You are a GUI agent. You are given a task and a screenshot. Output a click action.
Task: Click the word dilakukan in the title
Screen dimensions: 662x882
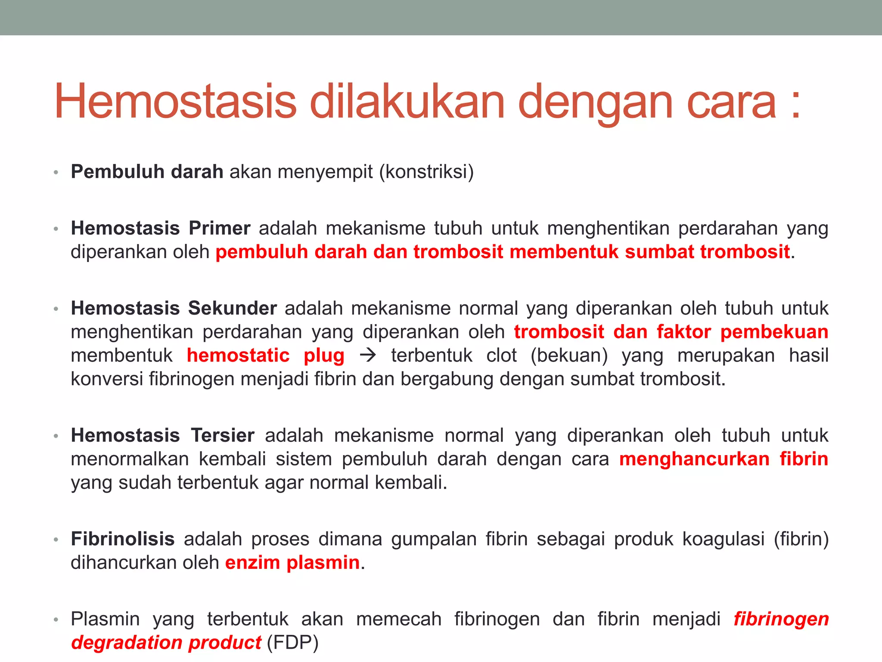(x=407, y=102)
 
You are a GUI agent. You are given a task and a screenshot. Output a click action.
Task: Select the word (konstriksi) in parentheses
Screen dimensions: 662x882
(x=426, y=172)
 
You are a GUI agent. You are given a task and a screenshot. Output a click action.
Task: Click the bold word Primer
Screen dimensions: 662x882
(x=219, y=228)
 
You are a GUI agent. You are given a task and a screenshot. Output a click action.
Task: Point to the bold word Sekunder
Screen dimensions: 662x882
(x=232, y=308)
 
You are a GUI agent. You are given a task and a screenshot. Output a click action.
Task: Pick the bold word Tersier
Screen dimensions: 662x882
(x=223, y=435)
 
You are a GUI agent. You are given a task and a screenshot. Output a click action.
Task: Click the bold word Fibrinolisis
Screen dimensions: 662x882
(x=123, y=539)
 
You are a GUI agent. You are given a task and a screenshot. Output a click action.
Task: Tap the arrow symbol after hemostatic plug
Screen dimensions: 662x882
(x=367, y=356)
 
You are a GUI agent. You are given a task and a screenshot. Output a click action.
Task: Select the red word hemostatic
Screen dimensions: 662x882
(x=238, y=356)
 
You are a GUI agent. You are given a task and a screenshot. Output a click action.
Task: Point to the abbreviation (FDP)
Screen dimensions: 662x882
(x=292, y=643)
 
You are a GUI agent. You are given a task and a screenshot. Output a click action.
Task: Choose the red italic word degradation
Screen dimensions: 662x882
(x=127, y=643)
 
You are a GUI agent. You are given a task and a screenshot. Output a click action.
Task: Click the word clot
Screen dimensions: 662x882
(x=501, y=356)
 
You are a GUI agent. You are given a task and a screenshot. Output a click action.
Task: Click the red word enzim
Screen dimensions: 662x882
(x=252, y=562)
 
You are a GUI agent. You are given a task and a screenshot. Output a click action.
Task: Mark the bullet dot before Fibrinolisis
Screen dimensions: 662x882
(x=56, y=540)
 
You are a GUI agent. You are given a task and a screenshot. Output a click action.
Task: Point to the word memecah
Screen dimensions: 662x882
(x=399, y=619)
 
